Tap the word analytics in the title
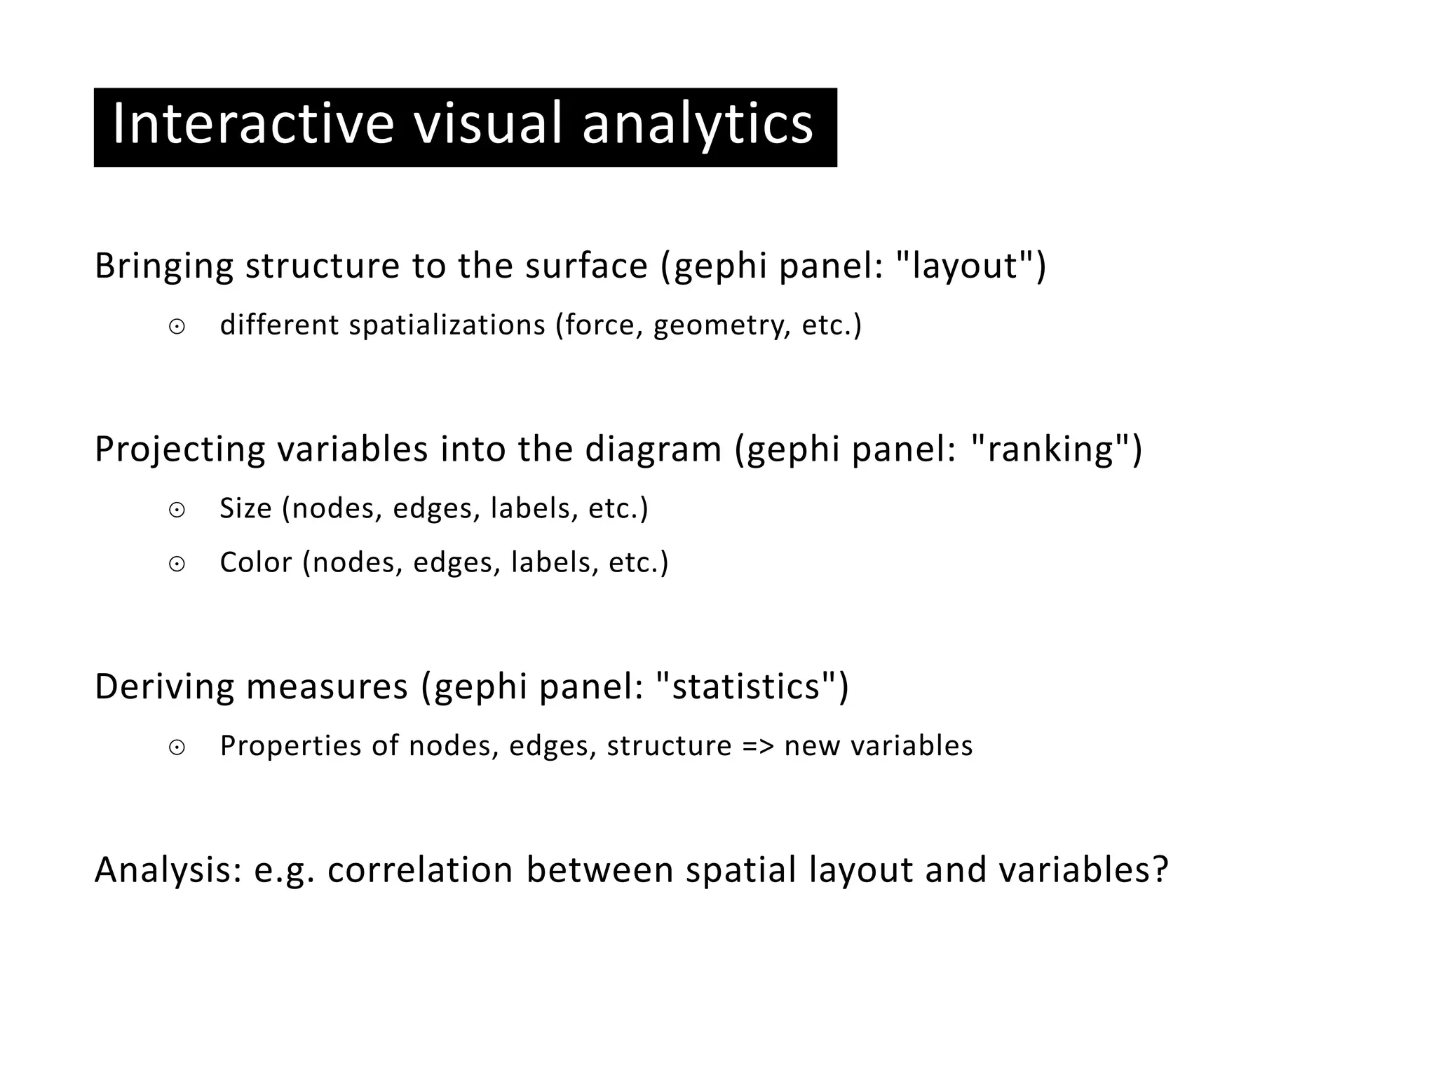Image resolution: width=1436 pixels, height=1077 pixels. point(698,124)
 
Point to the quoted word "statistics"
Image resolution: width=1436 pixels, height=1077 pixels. point(745,686)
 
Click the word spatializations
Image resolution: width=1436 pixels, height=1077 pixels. point(447,325)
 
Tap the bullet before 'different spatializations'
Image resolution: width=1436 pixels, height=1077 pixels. point(177,327)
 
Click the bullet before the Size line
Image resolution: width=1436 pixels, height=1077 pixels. point(177,510)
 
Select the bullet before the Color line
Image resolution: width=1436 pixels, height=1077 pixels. point(177,564)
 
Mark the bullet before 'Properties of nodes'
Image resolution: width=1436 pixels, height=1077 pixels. point(177,747)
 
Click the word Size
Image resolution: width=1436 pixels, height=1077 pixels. point(245,508)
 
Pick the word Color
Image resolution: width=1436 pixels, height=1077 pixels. point(255,562)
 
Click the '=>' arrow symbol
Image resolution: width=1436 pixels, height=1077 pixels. point(757,746)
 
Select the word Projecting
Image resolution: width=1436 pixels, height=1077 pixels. point(179,449)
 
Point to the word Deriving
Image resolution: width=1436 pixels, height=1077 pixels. point(164,686)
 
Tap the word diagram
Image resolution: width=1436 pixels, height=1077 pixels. point(653,449)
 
